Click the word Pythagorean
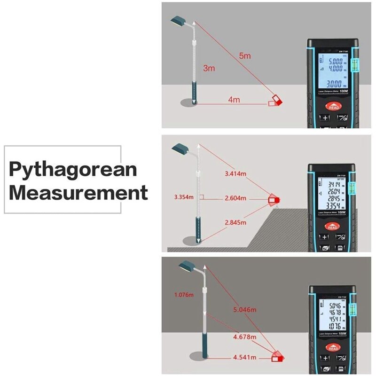point(73,169)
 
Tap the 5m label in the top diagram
point(245,56)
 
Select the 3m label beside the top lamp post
point(209,68)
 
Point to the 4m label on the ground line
point(234,100)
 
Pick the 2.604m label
point(235,198)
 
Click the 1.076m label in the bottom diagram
point(184,295)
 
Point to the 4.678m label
point(245,337)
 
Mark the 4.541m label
point(245,357)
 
